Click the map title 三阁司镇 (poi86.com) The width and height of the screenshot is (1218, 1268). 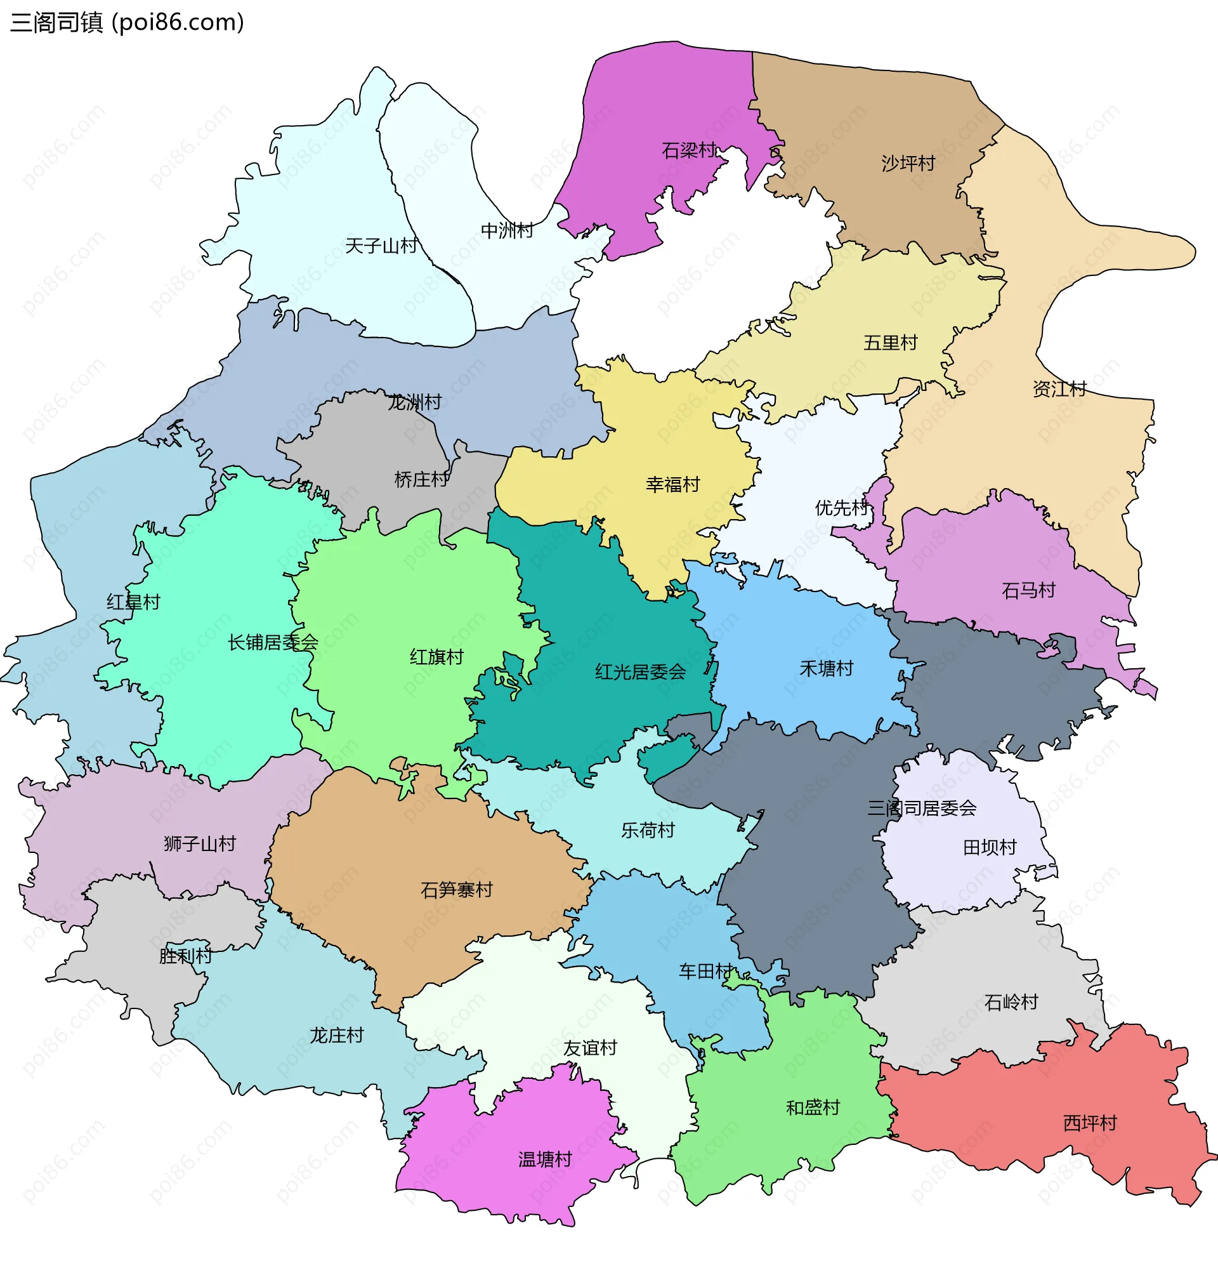(x=127, y=23)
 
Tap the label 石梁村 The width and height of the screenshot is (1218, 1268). (x=688, y=151)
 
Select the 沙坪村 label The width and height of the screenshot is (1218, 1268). (x=908, y=164)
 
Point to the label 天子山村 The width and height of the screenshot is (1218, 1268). (x=381, y=246)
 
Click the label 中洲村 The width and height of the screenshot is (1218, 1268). (x=506, y=230)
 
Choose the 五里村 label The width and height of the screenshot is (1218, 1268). (x=890, y=343)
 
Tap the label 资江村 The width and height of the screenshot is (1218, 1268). (x=1059, y=390)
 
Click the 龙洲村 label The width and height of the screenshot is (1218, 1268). (x=414, y=402)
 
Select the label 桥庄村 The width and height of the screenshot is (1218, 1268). (x=421, y=480)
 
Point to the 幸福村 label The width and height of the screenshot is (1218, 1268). (x=672, y=485)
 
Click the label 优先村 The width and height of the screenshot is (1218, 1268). (x=841, y=508)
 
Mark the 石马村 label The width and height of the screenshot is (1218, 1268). (x=1028, y=591)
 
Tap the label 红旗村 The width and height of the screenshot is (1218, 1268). (x=436, y=657)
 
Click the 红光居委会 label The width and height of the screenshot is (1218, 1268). (x=639, y=672)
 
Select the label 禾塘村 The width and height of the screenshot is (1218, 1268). (x=826, y=668)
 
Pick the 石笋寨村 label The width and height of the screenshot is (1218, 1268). (x=456, y=890)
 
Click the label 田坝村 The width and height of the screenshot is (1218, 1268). (x=989, y=847)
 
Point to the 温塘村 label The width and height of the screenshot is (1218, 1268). (x=545, y=1160)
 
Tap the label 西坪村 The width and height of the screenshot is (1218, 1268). (x=1089, y=1123)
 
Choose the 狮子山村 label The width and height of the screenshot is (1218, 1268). (x=199, y=844)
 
